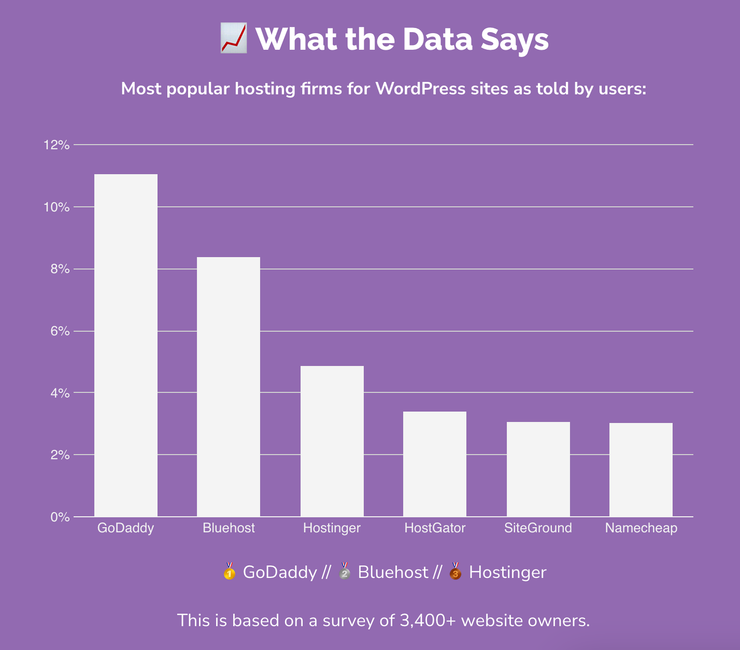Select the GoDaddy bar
[x=126, y=345]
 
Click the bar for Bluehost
[x=229, y=387]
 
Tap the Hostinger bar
[x=332, y=441]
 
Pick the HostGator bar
[x=435, y=464]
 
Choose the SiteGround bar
[x=538, y=469]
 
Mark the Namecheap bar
[x=641, y=470]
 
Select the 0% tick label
[x=60, y=517]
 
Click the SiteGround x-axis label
[x=538, y=528]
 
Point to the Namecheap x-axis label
[x=641, y=528]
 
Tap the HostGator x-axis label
[x=435, y=528]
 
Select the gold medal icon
[x=229, y=572]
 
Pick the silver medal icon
[x=344, y=572]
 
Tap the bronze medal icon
[x=455, y=572]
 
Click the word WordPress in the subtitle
[x=420, y=89]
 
